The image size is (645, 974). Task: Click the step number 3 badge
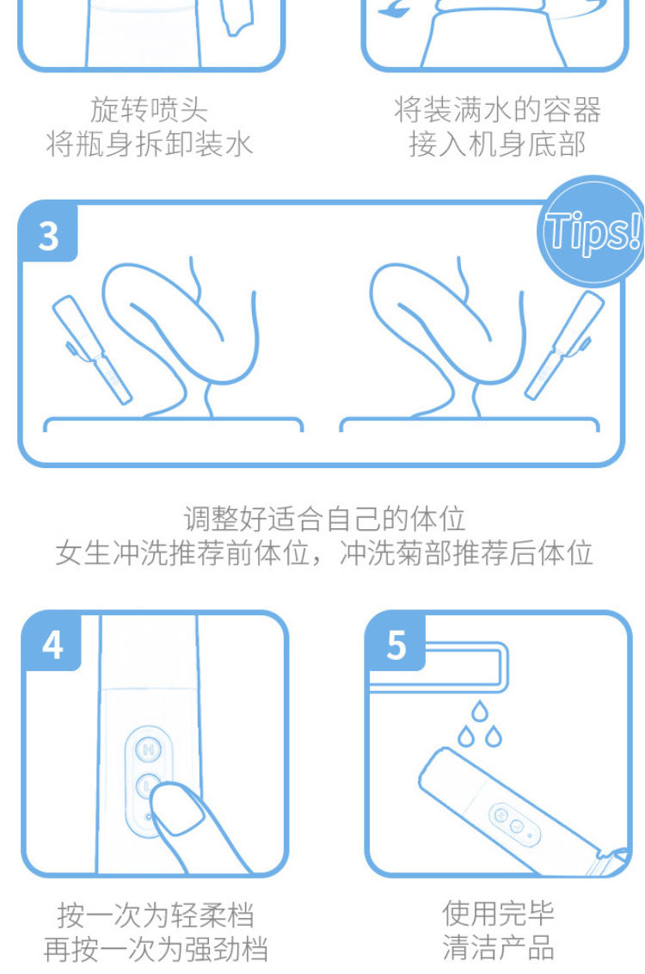pos(48,234)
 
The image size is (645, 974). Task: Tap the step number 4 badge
pos(52,644)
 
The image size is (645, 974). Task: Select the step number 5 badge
pos(396,644)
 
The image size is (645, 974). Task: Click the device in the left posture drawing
pos(90,348)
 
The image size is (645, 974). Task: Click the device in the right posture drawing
pos(564,348)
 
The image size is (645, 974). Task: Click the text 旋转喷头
pos(149,109)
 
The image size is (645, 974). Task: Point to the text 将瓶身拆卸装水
pos(149,144)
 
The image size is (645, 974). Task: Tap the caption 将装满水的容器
pos(497,109)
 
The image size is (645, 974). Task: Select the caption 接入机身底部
pos(497,144)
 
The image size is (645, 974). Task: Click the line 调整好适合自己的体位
pos(324,518)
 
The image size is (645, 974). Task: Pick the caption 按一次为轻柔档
pos(156,914)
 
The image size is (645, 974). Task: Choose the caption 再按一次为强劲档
pos(156,949)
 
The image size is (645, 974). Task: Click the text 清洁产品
pos(499,948)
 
